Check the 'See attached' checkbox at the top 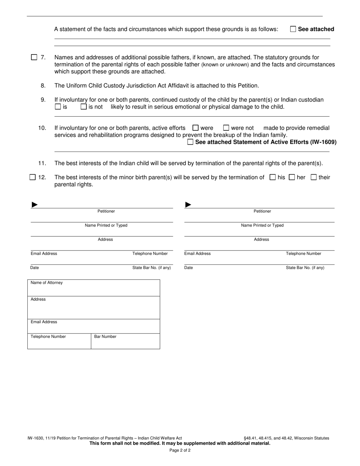(x=293, y=29)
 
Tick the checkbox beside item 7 (x=34, y=58)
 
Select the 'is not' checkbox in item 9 (x=84, y=107)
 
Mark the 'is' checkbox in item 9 (x=58, y=107)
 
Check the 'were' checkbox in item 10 (x=196, y=128)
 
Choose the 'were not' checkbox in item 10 (x=226, y=128)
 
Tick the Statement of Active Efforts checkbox (x=190, y=142)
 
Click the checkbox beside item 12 (x=33, y=177)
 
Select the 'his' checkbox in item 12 (x=272, y=177)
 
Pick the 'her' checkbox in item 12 (x=292, y=177)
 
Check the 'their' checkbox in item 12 (x=313, y=177)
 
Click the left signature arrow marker (x=34, y=205)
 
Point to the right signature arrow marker (x=188, y=205)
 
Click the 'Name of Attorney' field (x=94, y=288)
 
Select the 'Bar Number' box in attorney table (x=125, y=341)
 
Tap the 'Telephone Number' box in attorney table (x=59, y=341)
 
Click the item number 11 (x=42, y=163)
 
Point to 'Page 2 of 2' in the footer (x=180, y=450)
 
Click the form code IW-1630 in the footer (x=35, y=438)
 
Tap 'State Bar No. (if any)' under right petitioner (x=305, y=268)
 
